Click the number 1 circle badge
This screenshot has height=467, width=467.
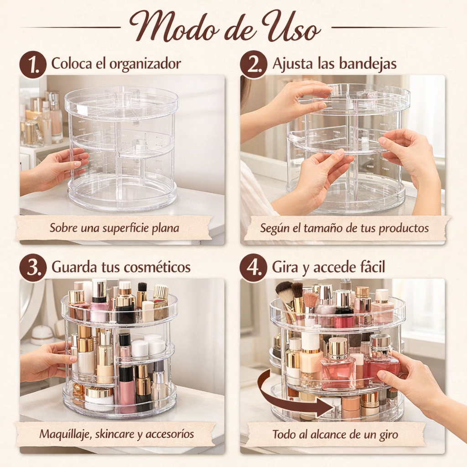pos(33,64)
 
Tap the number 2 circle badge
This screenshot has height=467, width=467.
pos(254,64)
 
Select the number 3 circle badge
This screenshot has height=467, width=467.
pos(33,268)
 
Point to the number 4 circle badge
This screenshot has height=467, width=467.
pos(254,268)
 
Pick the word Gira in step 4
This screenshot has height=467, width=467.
pos(285,267)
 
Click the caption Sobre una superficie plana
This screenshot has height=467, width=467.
pos(114,228)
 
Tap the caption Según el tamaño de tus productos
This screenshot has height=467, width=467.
pos(344,228)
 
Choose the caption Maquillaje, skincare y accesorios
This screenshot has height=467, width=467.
pos(116,434)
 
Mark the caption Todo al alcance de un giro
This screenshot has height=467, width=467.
pos(335,434)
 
